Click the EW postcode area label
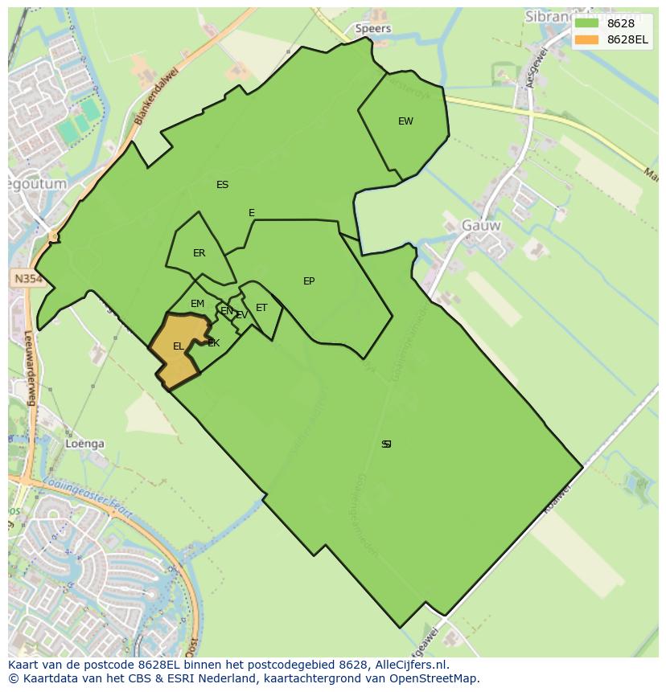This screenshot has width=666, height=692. point(405,121)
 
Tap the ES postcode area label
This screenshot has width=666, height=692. point(222,185)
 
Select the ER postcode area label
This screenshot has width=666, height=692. point(199,253)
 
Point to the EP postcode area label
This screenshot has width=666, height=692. point(309,281)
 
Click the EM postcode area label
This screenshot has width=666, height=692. point(197,304)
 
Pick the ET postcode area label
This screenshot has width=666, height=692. point(261,308)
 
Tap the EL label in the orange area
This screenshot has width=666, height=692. point(178,346)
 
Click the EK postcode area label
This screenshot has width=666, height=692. point(213,343)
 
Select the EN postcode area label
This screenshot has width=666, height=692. point(227,311)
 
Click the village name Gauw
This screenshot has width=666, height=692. point(481,226)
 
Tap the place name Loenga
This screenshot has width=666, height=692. point(85,444)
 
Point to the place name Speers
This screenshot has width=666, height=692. point(373,28)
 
